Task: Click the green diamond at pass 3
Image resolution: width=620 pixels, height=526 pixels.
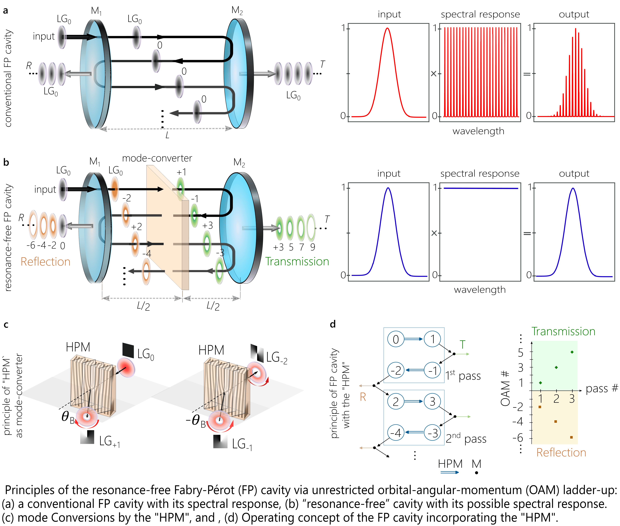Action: click(572, 352)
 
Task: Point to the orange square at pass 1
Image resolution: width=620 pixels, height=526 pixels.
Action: click(540, 407)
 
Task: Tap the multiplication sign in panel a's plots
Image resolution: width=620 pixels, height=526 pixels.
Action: click(434, 73)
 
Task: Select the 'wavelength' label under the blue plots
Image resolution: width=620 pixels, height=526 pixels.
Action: click(480, 290)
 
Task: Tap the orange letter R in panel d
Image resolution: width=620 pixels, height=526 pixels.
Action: click(363, 397)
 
